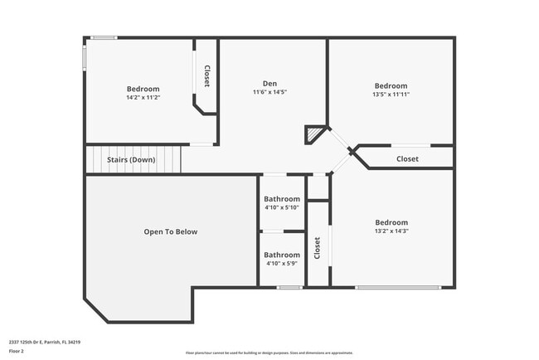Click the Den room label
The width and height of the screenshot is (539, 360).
tap(270, 83)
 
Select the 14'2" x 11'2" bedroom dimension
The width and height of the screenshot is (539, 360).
tap(143, 97)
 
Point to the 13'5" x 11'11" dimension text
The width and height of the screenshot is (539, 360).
tap(391, 94)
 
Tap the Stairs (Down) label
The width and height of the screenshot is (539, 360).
tap(131, 159)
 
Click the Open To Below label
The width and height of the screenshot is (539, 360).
tap(171, 231)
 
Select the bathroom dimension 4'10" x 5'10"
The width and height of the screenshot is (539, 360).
tap(282, 207)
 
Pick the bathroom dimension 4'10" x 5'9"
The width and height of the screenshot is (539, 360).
tap(282, 263)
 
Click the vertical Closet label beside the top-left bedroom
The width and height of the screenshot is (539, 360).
tap(207, 76)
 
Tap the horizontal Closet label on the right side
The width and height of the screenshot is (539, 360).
tap(407, 158)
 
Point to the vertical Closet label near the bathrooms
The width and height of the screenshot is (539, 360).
tap(317, 247)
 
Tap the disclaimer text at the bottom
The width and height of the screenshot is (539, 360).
tap(269, 353)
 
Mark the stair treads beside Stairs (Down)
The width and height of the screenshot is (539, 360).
tap(170, 159)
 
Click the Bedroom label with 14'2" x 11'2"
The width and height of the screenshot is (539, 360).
tap(143, 89)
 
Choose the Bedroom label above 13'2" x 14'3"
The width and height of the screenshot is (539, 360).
tap(391, 222)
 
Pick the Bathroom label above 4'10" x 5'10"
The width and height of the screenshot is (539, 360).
tap(282, 199)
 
